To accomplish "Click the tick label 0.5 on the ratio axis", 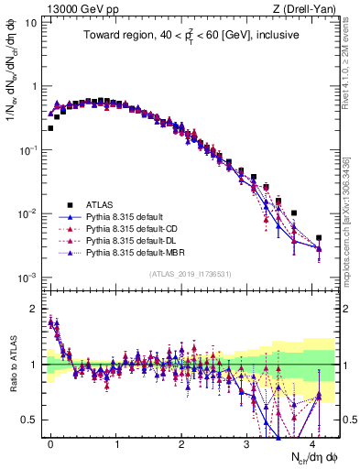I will (x=31, y=420).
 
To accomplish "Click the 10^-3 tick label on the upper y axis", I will (x=27, y=278).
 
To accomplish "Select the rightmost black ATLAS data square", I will (x=319, y=238).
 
